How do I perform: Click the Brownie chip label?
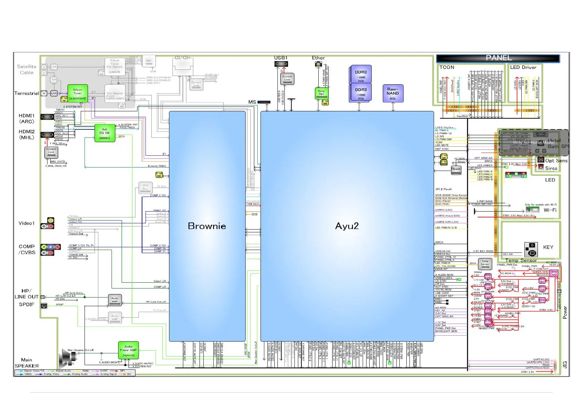click(x=207, y=226)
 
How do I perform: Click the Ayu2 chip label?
click(x=347, y=226)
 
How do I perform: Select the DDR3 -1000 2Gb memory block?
click(x=361, y=75)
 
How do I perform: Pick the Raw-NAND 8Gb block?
click(x=393, y=93)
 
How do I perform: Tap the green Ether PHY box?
click(x=321, y=93)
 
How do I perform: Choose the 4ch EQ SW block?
click(x=104, y=133)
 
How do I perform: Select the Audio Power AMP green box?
click(x=128, y=350)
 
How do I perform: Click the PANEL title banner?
click(x=498, y=58)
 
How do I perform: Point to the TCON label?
click(x=447, y=67)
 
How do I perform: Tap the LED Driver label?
click(x=523, y=67)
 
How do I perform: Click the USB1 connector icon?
click(x=281, y=64)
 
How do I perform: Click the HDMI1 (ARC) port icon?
click(x=47, y=117)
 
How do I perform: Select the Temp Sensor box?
click(x=485, y=263)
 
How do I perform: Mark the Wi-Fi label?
click(x=550, y=210)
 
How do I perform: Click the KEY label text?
click(x=548, y=247)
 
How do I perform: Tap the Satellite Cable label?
click(x=27, y=69)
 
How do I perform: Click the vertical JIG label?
click(x=565, y=364)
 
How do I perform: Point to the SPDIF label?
click(x=27, y=304)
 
